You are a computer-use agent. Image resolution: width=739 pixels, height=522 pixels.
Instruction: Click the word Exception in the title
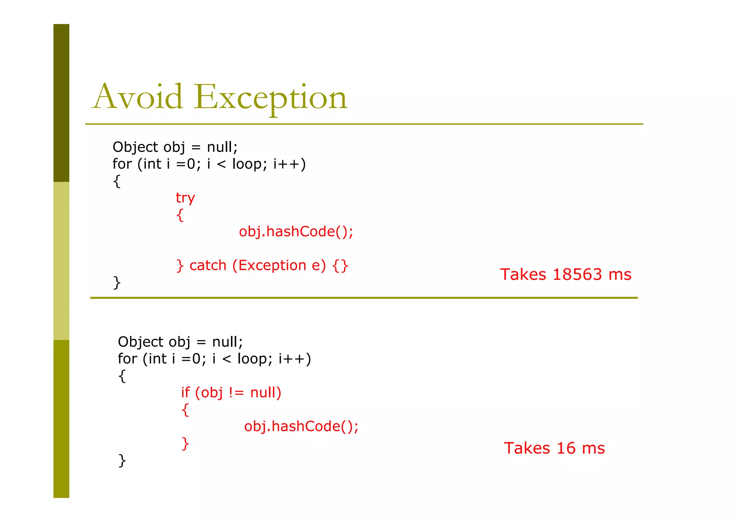tap(271, 97)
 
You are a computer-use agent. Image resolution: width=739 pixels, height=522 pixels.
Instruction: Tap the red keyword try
tap(185, 198)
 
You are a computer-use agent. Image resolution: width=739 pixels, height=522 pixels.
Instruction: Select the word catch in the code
tap(208, 266)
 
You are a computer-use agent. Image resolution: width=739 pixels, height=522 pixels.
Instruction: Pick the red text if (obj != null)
tap(231, 392)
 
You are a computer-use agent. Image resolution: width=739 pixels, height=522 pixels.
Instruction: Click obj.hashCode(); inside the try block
tap(296, 232)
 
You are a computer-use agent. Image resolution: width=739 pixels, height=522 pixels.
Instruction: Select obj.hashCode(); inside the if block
tap(301, 426)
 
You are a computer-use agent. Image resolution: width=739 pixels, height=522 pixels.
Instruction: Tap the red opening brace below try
tap(180, 215)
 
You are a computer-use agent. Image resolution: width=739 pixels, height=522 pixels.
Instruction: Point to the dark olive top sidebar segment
tap(61, 103)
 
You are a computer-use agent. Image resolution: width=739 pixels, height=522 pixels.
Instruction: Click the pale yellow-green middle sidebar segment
tap(61, 260)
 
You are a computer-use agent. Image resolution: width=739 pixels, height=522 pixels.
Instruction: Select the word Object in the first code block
tap(135, 147)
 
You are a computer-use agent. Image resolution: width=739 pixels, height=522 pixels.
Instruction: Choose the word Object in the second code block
tap(141, 342)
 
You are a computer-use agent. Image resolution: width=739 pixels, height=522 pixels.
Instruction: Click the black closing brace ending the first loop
tap(117, 282)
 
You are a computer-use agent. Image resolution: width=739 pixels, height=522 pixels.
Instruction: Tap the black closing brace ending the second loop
tap(122, 461)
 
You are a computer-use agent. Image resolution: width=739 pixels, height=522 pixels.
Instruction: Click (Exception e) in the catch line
tap(279, 266)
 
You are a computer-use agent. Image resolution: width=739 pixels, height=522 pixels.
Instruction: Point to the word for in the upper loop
tap(122, 164)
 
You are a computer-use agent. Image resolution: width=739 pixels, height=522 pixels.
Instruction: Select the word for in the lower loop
tap(127, 359)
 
